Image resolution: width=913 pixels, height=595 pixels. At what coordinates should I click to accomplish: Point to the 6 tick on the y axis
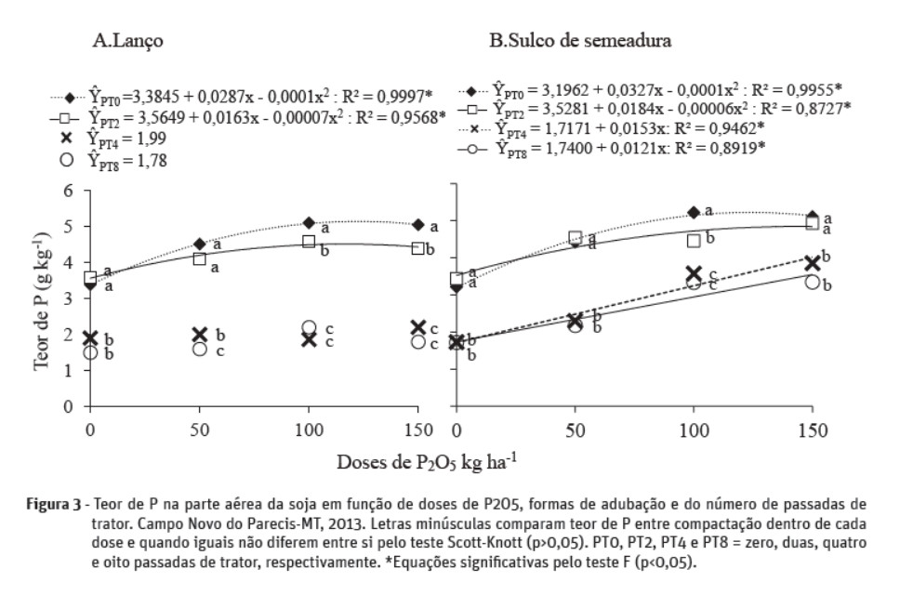click(x=70, y=190)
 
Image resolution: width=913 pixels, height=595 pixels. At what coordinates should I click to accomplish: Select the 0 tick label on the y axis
click(x=70, y=406)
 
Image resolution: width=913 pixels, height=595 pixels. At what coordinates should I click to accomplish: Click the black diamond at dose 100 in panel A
click(x=310, y=223)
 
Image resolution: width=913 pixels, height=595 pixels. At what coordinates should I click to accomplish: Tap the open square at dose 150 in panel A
click(x=418, y=248)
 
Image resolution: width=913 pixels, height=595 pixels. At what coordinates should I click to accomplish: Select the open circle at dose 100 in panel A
click(x=310, y=328)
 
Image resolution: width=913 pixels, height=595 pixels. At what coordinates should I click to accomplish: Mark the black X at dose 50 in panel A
click(x=200, y=335)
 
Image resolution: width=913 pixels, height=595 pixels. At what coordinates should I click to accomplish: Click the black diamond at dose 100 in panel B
click(x=693, y=212)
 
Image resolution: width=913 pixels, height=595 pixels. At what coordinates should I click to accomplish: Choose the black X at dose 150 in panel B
click(x=812, y=263)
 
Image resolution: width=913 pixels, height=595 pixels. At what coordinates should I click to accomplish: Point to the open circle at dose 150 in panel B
click(x=812, y=282)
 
